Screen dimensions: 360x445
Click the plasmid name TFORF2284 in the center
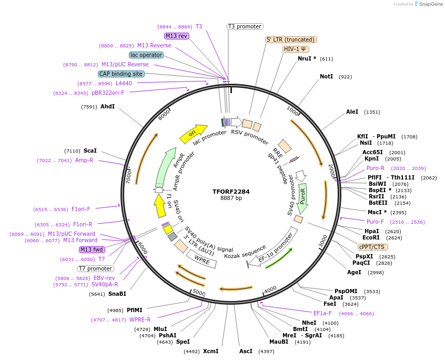231,192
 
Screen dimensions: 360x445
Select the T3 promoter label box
245,26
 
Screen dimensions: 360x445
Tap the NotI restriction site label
326,77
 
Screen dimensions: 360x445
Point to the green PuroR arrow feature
303,198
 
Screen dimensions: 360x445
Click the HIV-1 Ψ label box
296,49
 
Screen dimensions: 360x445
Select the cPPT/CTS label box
371,247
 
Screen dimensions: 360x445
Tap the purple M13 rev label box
176,36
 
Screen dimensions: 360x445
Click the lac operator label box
146,55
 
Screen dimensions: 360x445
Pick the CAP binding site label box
121,74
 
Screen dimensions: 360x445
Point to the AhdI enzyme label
107,107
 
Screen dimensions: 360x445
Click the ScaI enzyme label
90,151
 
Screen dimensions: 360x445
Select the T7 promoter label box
95,268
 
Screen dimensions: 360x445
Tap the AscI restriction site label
246,351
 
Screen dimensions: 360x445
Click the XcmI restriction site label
210,351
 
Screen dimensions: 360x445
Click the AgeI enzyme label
354,272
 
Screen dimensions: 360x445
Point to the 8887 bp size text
231,198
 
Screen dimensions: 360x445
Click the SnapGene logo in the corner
428,4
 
